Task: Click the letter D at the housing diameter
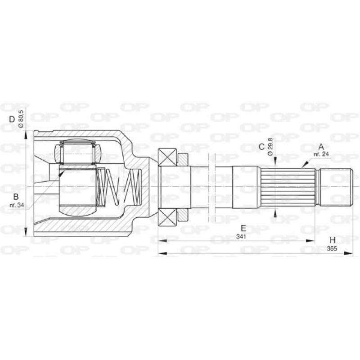12,119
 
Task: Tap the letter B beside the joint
16,196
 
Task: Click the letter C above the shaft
261,146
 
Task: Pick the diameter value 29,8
270,148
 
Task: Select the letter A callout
321,146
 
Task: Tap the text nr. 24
321,154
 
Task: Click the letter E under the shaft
243,227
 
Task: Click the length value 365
332,248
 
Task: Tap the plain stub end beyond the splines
335,186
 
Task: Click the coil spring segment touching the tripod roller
104,187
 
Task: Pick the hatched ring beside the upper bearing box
184,158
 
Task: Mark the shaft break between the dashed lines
212,186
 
